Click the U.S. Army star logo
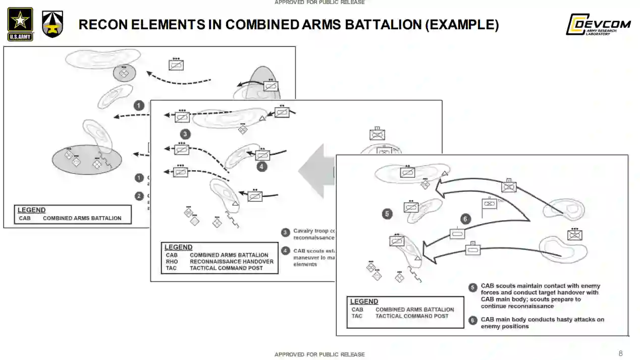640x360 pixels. coord(20,24)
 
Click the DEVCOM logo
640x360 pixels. coord(598,24)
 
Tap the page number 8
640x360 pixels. coord(621,353)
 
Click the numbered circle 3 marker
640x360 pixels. coord(186,134)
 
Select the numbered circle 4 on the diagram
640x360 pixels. coord(261,166)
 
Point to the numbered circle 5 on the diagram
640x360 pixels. coord(387,214)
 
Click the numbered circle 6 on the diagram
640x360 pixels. coord(465,219)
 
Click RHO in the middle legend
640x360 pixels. coord(172,262)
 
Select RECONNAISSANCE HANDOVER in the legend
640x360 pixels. coord(231,262)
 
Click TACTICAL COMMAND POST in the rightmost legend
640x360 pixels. coord(411,316)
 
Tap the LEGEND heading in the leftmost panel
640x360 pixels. coord(31,210)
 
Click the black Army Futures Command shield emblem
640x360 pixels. coord(52,24)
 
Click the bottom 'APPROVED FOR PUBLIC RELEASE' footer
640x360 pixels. coord(319,354)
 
